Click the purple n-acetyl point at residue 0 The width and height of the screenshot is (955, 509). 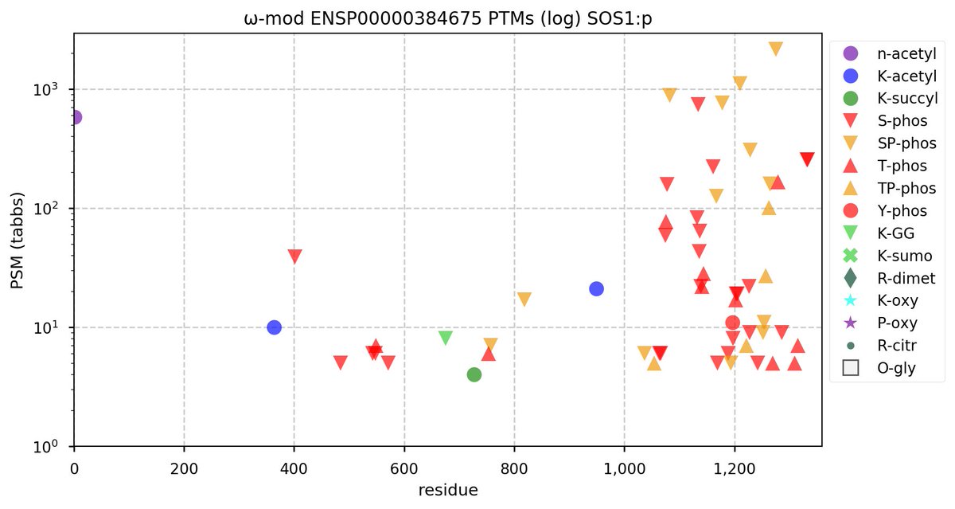coord(75,117)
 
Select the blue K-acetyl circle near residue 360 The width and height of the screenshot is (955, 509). coord(275,327)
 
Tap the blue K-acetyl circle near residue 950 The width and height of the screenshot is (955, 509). coord(596,288)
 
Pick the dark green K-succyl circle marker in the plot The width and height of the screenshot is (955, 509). coord(474,374)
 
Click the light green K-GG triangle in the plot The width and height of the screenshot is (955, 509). coord(446,338)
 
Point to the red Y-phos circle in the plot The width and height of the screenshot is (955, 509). coord(733,323)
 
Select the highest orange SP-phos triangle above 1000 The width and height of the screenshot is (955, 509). coord(776,49)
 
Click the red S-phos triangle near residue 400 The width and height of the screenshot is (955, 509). coord(295,256)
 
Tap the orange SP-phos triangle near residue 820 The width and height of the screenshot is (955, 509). coord(524,300)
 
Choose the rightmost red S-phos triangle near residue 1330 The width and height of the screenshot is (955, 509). coord(807,159)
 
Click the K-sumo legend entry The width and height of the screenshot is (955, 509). coord(895,256)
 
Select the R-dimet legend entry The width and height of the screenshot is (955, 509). coord(895,278)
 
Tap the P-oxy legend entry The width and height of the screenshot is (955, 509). coord(895,323)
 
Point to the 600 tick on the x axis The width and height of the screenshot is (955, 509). coord(404,464)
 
